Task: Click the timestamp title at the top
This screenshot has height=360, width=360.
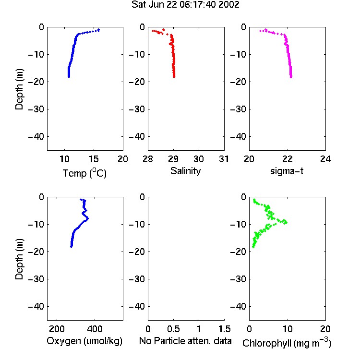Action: pos(185,5)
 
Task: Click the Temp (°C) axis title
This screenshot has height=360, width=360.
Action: pos(84,173)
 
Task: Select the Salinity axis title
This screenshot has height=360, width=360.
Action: pos(185,171)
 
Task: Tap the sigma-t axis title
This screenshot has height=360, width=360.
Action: pos(287,171)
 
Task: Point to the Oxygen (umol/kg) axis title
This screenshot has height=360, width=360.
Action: pos(84,341)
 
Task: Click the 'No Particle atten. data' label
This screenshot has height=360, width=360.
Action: pos(185,341)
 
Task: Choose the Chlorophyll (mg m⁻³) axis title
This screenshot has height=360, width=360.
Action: pos(287,343)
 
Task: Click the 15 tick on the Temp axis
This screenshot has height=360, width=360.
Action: pos(94,159)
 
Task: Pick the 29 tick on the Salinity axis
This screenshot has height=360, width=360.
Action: pos(173,159)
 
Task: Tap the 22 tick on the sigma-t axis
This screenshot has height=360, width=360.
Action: pos(287,159)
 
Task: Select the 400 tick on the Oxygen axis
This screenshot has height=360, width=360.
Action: pos(95,329)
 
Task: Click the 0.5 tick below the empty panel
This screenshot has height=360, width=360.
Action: pos(173,329)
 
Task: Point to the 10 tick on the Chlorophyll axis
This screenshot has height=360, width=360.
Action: pos(287,329)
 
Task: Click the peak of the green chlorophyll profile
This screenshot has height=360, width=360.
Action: pos(286,222)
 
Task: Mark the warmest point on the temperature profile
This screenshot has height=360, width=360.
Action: pos(99,30)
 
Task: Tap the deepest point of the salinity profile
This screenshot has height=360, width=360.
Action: pos(174,77)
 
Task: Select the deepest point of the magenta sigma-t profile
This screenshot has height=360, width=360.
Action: pos(291,77)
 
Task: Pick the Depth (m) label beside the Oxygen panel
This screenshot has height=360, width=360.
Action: pos(19,259)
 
